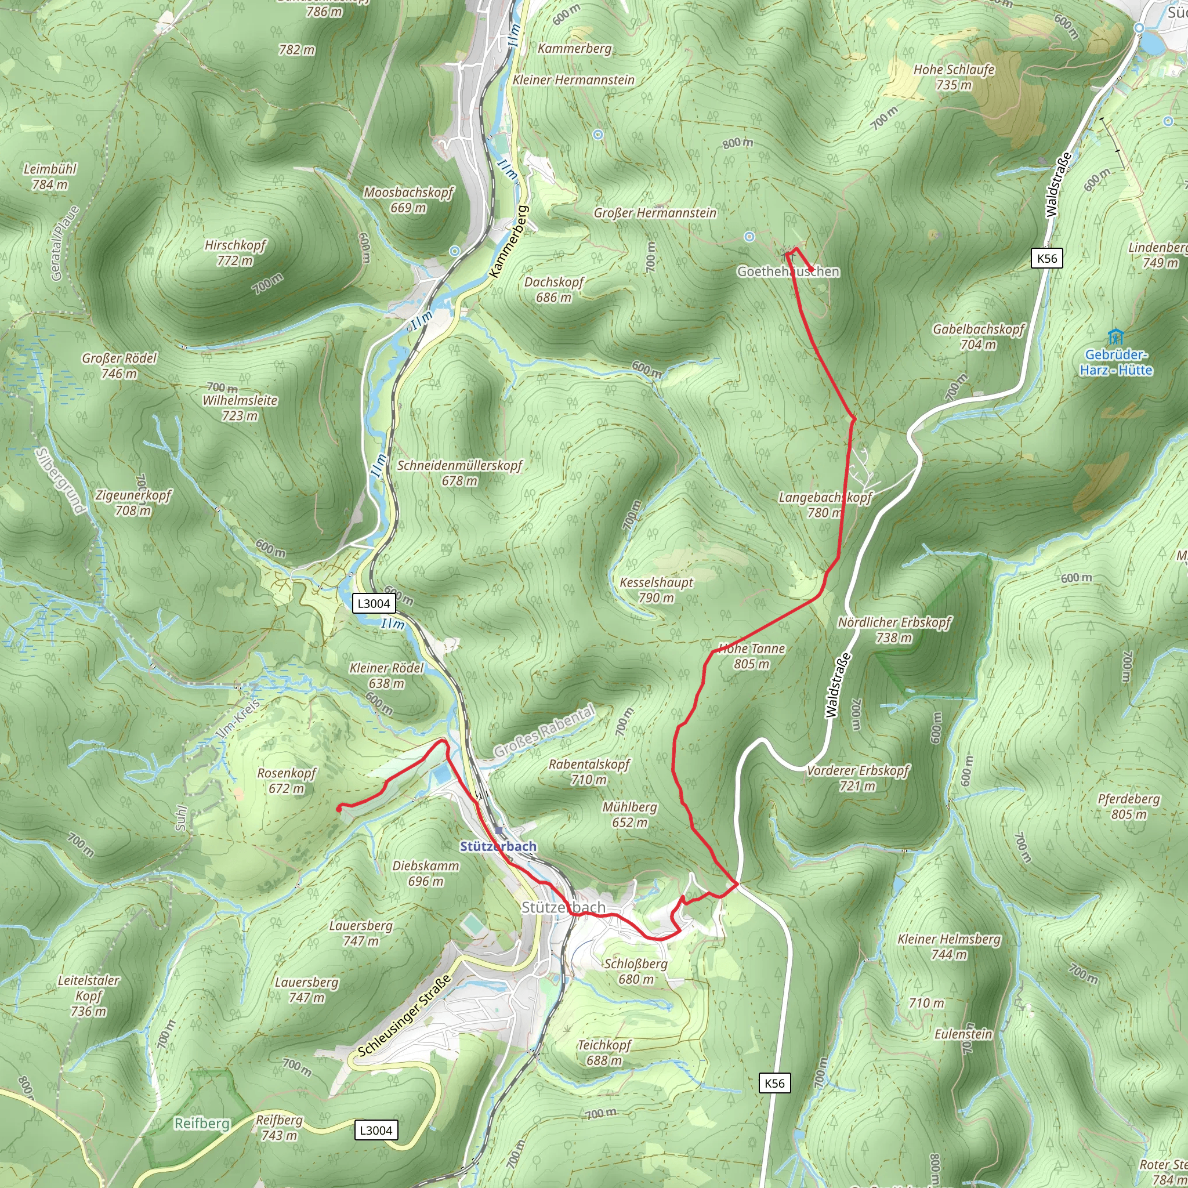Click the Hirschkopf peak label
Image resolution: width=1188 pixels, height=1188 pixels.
(235, 253)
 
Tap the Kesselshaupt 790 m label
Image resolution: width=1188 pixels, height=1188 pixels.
(656, 590)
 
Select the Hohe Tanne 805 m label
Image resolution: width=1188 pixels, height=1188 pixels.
(751, 656)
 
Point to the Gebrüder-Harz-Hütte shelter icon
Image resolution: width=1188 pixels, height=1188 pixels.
(1115, 337)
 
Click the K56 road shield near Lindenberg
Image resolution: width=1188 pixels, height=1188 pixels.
(1046, 258)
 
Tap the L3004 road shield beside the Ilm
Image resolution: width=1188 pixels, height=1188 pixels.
(374, 603)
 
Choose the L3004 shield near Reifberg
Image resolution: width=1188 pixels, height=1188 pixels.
(376, 1130)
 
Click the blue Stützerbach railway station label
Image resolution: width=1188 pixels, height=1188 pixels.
(498, 847)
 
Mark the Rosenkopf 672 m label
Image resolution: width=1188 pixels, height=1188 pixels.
(287, 780)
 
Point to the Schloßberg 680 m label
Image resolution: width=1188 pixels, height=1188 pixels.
(636, 971)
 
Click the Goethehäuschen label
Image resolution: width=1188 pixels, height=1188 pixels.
(788, 271)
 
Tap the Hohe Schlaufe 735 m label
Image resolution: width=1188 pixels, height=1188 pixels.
(954, 78)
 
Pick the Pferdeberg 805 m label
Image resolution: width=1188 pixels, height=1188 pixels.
(1129, 806)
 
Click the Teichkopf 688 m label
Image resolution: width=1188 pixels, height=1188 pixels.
(604, 1052)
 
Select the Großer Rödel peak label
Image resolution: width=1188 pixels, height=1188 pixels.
(119, 366)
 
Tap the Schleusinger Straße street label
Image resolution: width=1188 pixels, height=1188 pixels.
(405, 1016)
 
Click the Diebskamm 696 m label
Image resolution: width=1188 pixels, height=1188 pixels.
(426, 873)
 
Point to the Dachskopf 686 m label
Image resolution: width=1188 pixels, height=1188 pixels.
(553, 289)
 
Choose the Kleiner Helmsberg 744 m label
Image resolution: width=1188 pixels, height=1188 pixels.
(949, 946)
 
